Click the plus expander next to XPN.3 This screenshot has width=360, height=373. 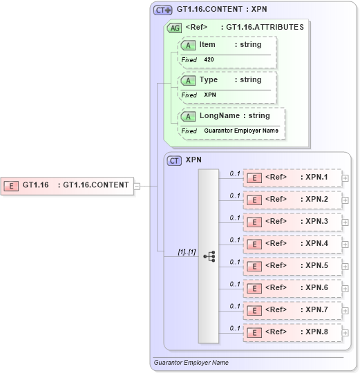click(x=345, y=222)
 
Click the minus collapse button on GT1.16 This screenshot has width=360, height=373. click(x=137, y=185)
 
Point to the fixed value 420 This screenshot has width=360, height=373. click(x=209, y=60)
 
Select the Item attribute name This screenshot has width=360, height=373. click(x=207, y=44)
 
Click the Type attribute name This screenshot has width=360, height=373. click(x=209, y=79)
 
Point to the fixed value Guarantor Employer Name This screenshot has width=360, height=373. click(x=241, y=131)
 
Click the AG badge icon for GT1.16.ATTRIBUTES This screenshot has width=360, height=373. click(x=176, y=28)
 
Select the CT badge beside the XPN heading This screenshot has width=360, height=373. click(x=175, y=160)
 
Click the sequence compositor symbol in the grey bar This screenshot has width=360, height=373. click(x=209, y=256)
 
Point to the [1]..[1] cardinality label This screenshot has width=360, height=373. click(x=187, y=252)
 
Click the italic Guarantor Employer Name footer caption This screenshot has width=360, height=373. click(x=191, y=362)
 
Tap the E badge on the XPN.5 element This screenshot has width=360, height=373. click(x=254, y=266)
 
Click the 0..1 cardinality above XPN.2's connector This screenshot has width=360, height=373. click(x=235, y=195)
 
